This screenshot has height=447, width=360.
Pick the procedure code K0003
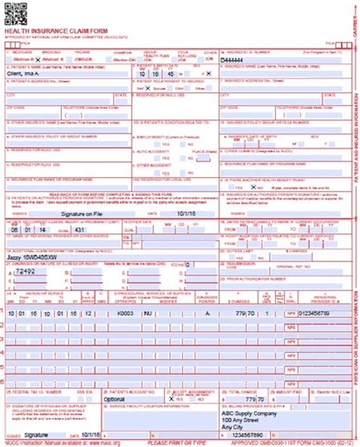pos(125,312)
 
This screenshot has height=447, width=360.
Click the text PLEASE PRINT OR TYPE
pos(179,442)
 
